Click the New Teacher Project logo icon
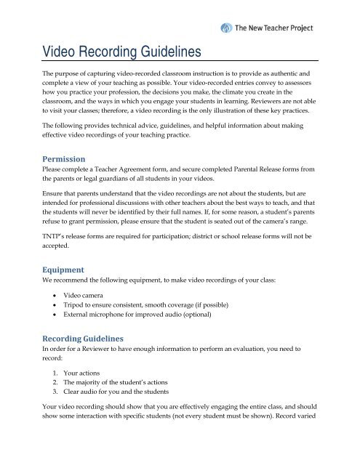tap(230, 30)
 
